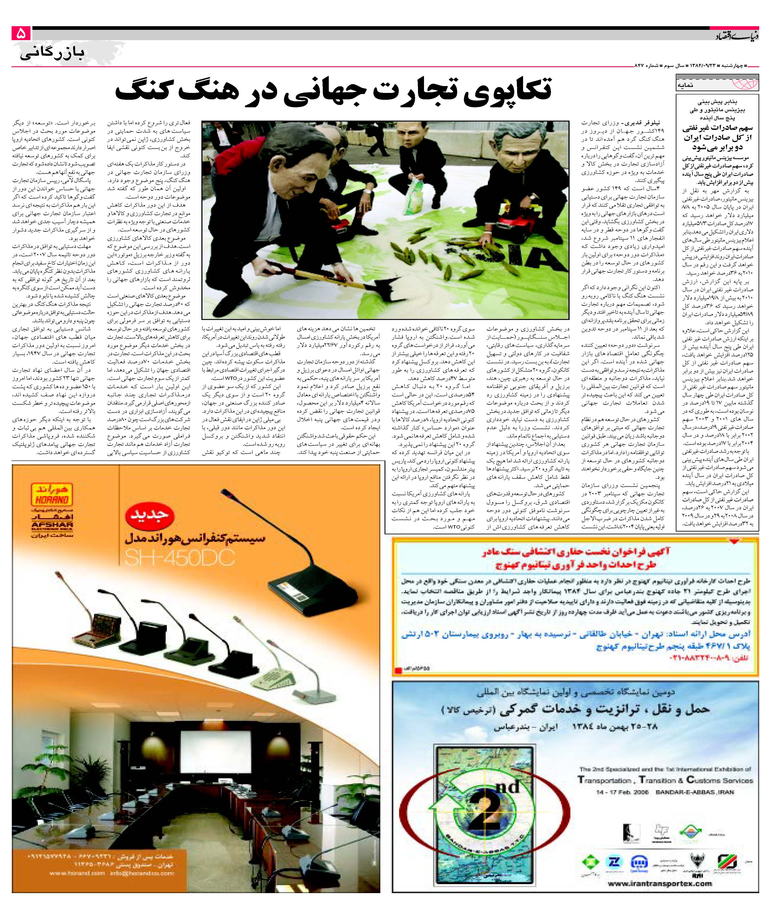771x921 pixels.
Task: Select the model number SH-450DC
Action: [x=180, y=558]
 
